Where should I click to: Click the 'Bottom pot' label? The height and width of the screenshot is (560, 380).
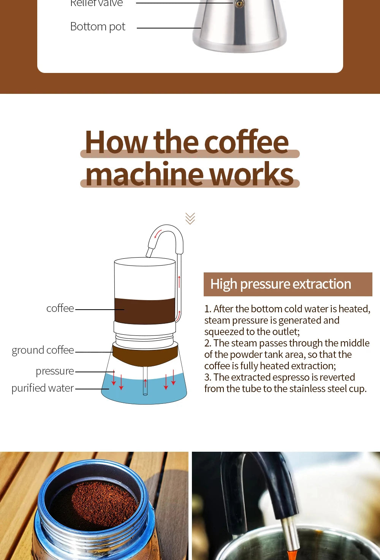coord(98,27)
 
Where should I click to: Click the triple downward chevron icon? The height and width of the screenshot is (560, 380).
coord(190,218)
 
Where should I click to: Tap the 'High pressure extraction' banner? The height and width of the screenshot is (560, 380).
coord(288,284)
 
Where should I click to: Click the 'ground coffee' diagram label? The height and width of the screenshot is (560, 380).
coord(43,350)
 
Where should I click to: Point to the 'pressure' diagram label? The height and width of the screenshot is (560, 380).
coord(55,371)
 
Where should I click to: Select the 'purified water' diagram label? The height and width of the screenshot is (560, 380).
coord(43,388)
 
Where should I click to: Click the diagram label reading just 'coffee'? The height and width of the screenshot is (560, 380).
coord(60,308)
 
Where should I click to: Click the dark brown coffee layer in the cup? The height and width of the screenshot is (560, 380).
coord(144,311)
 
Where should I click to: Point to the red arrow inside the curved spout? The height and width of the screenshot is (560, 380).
coord(158,234)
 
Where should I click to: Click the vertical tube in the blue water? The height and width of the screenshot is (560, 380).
coord(145,384)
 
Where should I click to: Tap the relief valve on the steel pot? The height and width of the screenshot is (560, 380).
coord(239,4)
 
